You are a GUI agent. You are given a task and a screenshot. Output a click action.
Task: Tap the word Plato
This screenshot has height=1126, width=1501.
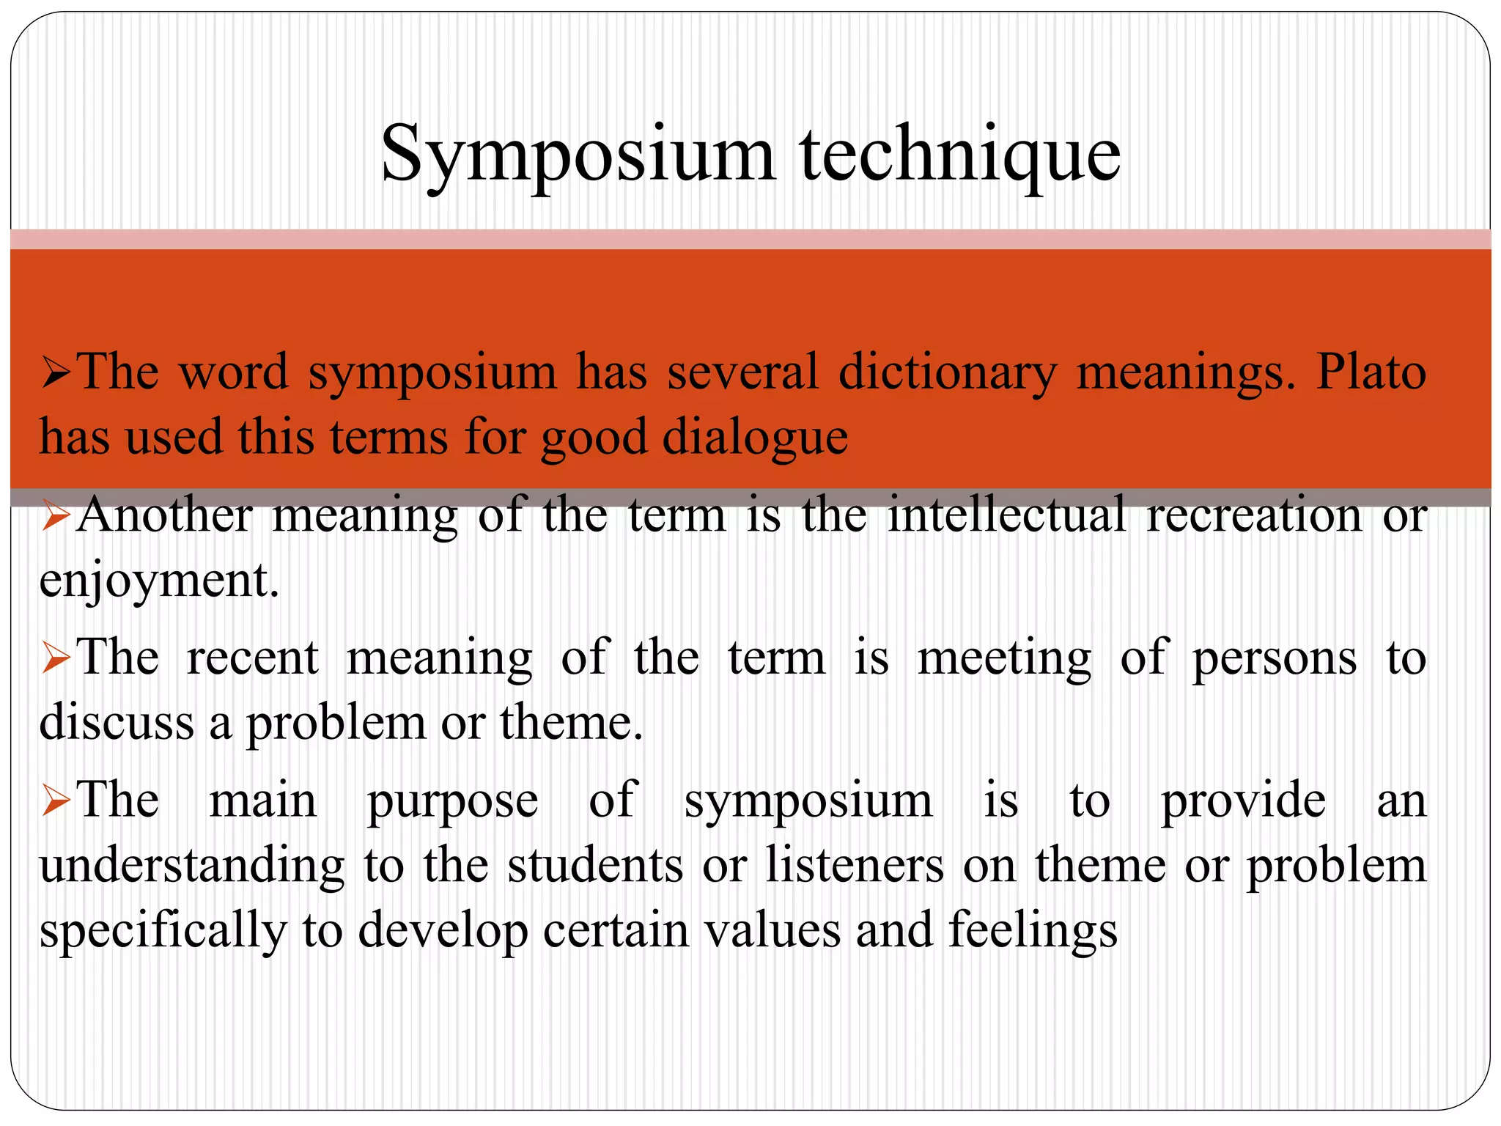click(1371, 372)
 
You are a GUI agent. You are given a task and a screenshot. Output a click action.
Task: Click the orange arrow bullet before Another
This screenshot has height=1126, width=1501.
click(56, 516)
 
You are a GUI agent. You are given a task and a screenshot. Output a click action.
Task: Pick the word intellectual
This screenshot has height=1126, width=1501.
click(1006, 515)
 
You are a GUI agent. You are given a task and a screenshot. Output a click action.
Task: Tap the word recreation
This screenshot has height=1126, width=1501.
click(1254, 515)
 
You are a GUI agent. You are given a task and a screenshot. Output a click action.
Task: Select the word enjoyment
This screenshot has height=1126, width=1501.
click(158, 581)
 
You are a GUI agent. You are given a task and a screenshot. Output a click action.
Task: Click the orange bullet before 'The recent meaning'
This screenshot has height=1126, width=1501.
click(56, 658)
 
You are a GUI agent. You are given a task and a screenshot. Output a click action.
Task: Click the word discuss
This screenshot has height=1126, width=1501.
click(117, 723)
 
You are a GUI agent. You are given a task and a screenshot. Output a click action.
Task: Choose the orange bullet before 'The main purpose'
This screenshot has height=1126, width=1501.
click(56, 801)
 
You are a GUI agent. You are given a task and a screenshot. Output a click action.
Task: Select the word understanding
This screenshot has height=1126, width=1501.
click(191, 866)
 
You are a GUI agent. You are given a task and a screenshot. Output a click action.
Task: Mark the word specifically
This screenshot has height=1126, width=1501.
click(163, 931)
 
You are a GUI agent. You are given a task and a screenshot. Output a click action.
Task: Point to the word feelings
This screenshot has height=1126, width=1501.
click(1033, 931)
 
